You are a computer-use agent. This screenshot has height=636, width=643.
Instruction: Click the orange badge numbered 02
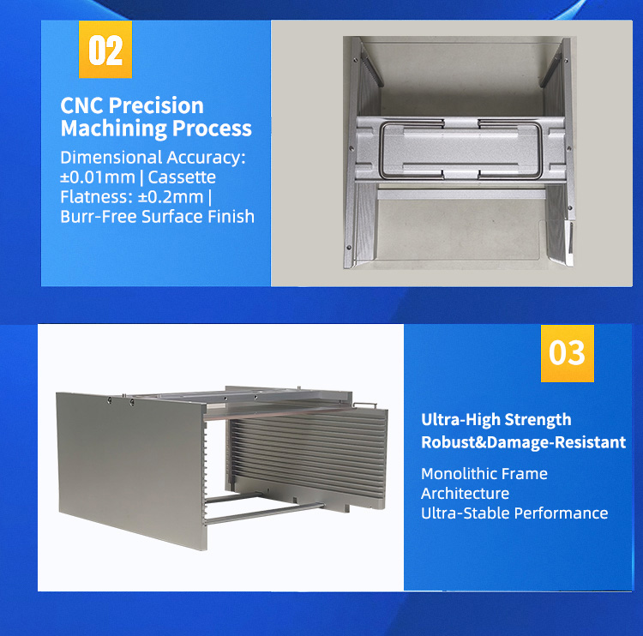[x=105, y=49]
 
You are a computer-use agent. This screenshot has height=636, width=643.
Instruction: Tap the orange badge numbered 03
[x=568, y=353]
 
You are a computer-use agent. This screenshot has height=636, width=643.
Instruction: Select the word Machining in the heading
[x=113, y=129]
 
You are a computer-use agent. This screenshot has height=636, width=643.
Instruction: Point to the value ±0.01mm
[x=98, y=177]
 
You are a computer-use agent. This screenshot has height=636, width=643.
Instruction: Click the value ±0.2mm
[x=171, y=197]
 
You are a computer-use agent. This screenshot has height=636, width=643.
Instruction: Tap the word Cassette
[x=182, y=177]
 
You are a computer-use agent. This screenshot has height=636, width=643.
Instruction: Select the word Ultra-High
[x=460, y=420]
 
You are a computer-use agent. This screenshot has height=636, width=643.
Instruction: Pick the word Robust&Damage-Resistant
[x=523, y=442]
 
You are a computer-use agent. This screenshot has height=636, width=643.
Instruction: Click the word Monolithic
[x=455, y=474]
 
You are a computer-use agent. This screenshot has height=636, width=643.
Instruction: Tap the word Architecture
[x=465, y=494]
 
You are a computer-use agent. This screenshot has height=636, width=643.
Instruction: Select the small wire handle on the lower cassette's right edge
[x=364, y=405]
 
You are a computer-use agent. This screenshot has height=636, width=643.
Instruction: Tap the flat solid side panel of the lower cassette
[x=131, y=470]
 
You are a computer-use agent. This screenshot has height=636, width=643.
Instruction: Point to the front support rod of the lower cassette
[x=265, y=513]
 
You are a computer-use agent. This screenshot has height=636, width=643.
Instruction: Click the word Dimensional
[x=111, y=158]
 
